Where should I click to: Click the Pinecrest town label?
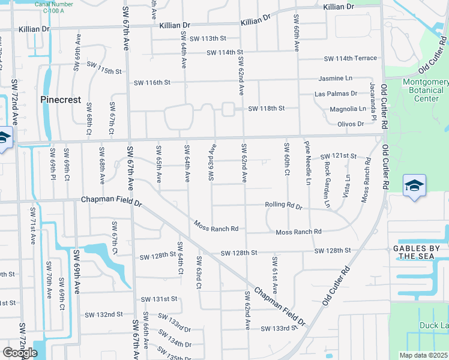tap(61, 100)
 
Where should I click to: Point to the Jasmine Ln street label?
tap(336, 78)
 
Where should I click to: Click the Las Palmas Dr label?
tap(336, 94)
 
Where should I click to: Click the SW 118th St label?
tap(266, 109)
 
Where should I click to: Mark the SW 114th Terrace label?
tap(351, 58)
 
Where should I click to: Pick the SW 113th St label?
tap(201, 38)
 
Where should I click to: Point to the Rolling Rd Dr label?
tap(284, 205)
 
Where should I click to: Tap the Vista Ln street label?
tap(348, 186)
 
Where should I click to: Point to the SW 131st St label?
tap(159, 299)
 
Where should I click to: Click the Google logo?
tap(20, 353)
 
